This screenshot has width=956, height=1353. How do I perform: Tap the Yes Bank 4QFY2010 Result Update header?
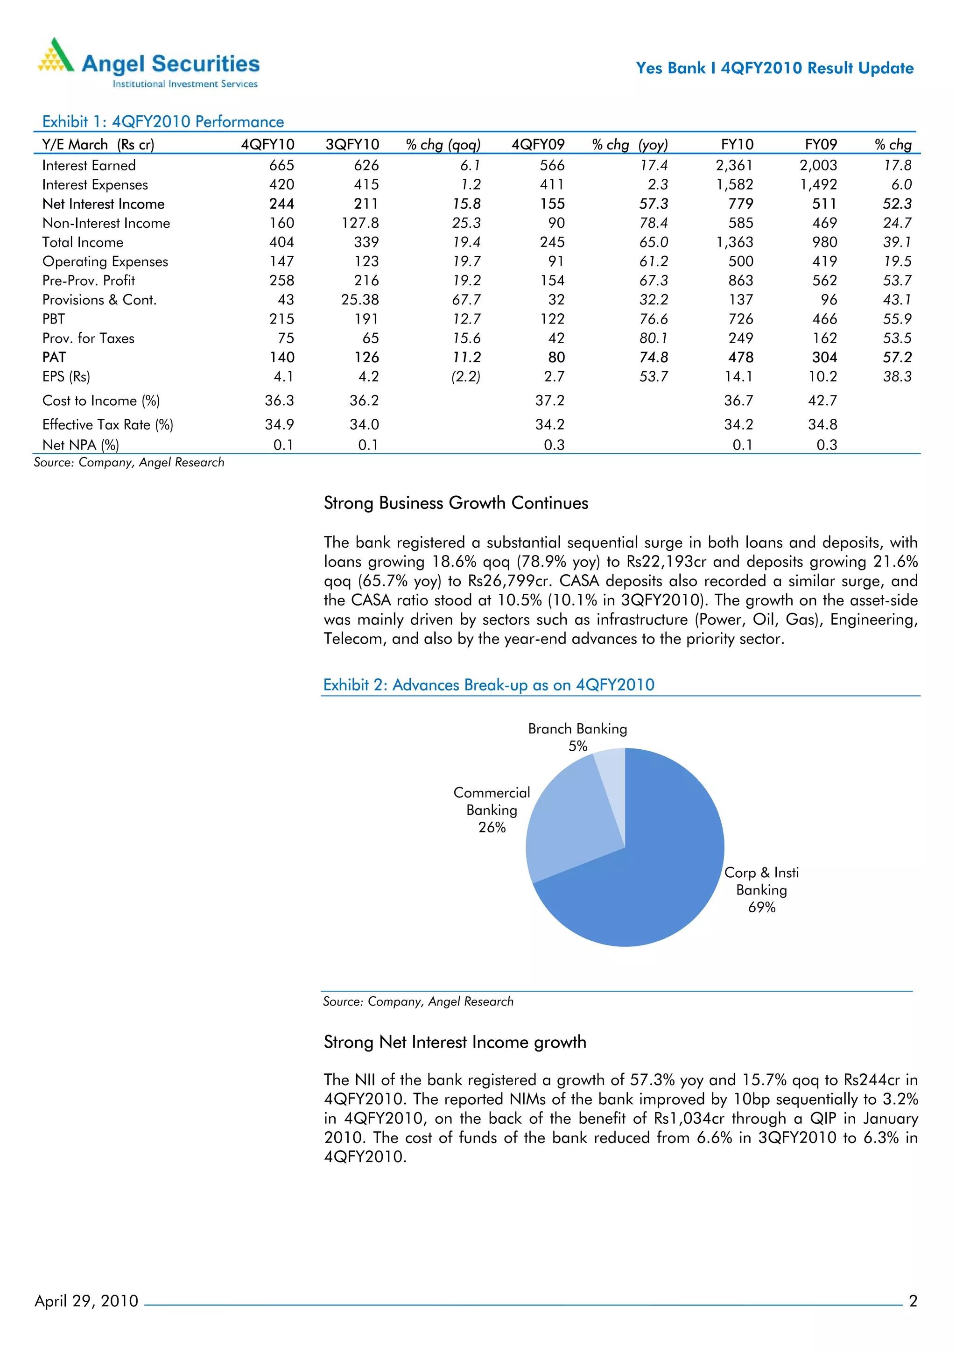click(774, 68)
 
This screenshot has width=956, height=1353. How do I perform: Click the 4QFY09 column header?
click(538, 144)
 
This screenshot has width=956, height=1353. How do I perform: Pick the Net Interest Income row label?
click(104, 204)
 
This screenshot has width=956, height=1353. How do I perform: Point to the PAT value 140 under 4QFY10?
click(281, 357)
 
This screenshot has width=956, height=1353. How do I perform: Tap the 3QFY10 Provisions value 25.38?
click(360, 300)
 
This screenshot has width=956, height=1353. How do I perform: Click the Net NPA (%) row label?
click(81, 445)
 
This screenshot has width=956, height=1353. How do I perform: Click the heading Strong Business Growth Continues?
click(456, 503)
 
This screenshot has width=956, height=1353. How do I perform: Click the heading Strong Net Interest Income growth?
click(455, 1043)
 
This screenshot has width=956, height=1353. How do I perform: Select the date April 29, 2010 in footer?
click(86, 1301)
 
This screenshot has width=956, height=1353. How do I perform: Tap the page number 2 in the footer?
click(913, 1301)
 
